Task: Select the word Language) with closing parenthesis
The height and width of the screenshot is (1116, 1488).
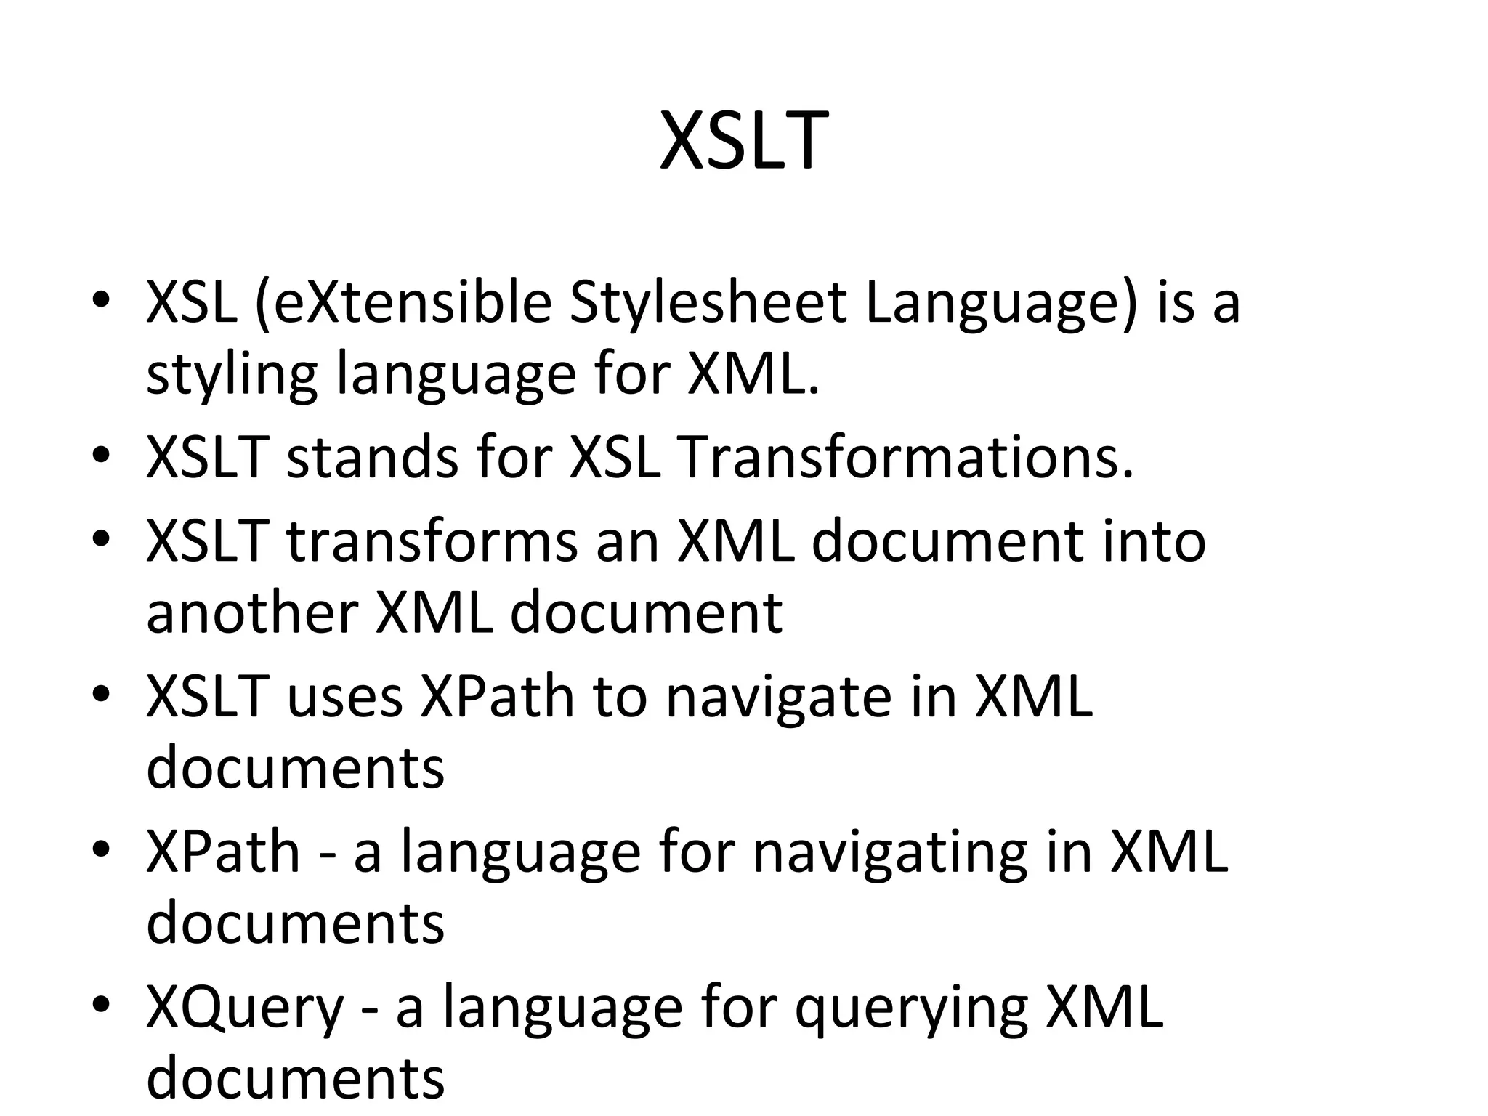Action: [x=1000, y=305]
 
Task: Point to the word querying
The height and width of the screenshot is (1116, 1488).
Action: [x=911, y=1011]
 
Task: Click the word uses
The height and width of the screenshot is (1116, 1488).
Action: [x=344, y=697]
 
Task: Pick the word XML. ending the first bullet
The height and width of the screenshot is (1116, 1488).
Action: [x=753, y=376]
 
